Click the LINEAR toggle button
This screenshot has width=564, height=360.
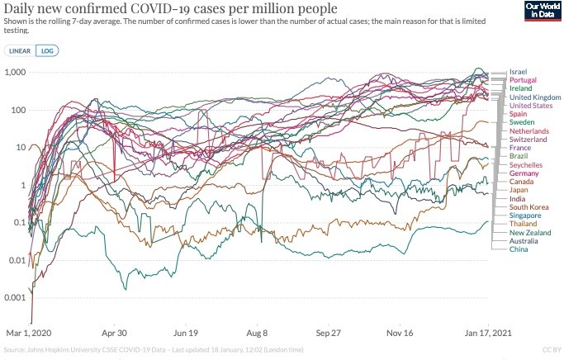tap(20, 50)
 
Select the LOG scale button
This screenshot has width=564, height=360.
tap(47, 50)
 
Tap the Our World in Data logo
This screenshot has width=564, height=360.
tap(543, 11)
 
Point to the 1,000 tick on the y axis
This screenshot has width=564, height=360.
tap(16, 72)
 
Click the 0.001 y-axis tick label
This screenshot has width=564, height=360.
tap(15, 297)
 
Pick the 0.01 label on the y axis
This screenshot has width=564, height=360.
tap(17, 260)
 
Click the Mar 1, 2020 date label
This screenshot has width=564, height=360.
tap(29, 333)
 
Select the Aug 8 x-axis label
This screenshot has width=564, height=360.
tap(257, 333)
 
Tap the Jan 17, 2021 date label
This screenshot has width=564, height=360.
tap(488, 333)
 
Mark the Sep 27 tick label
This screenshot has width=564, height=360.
tap(328, 333)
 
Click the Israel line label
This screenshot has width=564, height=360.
tap(518, 72)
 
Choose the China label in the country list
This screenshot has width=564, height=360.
tap(519, 249)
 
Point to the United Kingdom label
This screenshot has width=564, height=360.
tap(535, 97)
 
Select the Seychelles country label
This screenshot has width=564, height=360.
tap(526, 164)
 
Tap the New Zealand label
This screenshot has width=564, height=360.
tap(530, 233)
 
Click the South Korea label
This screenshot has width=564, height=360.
tap(528, 207)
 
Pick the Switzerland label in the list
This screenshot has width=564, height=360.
tap(528, 140)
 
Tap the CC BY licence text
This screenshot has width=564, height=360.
tap(552, 349)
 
